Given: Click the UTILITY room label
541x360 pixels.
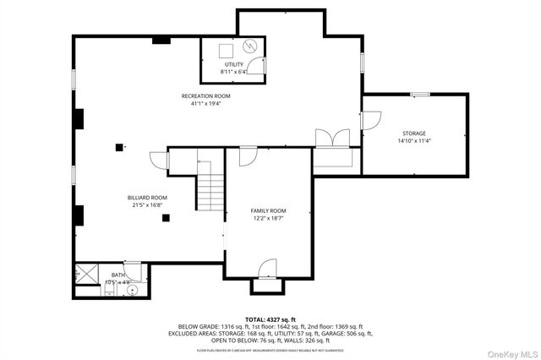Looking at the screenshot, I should pyautogui.click(x=233, y=65).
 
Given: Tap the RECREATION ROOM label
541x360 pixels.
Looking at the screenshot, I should pyautogui.click(x=205, y=96).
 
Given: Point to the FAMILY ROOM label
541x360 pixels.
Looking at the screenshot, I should pyautogui.click(x=269, y=210).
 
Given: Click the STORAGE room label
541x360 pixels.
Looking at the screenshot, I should pyautogui.click(x=413, y=134).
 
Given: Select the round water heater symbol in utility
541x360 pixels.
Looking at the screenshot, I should pyautogui.click(x=250, y=46).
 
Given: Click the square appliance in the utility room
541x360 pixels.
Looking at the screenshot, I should pyautogui.click(x=226, y=48).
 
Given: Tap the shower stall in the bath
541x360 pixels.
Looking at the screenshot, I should pyautogui.click(x=85, y=273).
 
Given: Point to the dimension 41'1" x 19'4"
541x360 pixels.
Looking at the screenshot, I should pyautogui.click(x=205, y=104).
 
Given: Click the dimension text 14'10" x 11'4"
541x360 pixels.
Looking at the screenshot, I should pyautogui.click(x=413, y=141).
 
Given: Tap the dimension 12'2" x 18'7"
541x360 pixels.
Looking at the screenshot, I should pyautogui.click(x=269, y=218).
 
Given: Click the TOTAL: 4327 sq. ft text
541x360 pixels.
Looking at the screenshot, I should pyautogui.click(x=270, y=319).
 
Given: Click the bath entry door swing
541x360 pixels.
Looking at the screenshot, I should pyautogui.click(x=132, y=267).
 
